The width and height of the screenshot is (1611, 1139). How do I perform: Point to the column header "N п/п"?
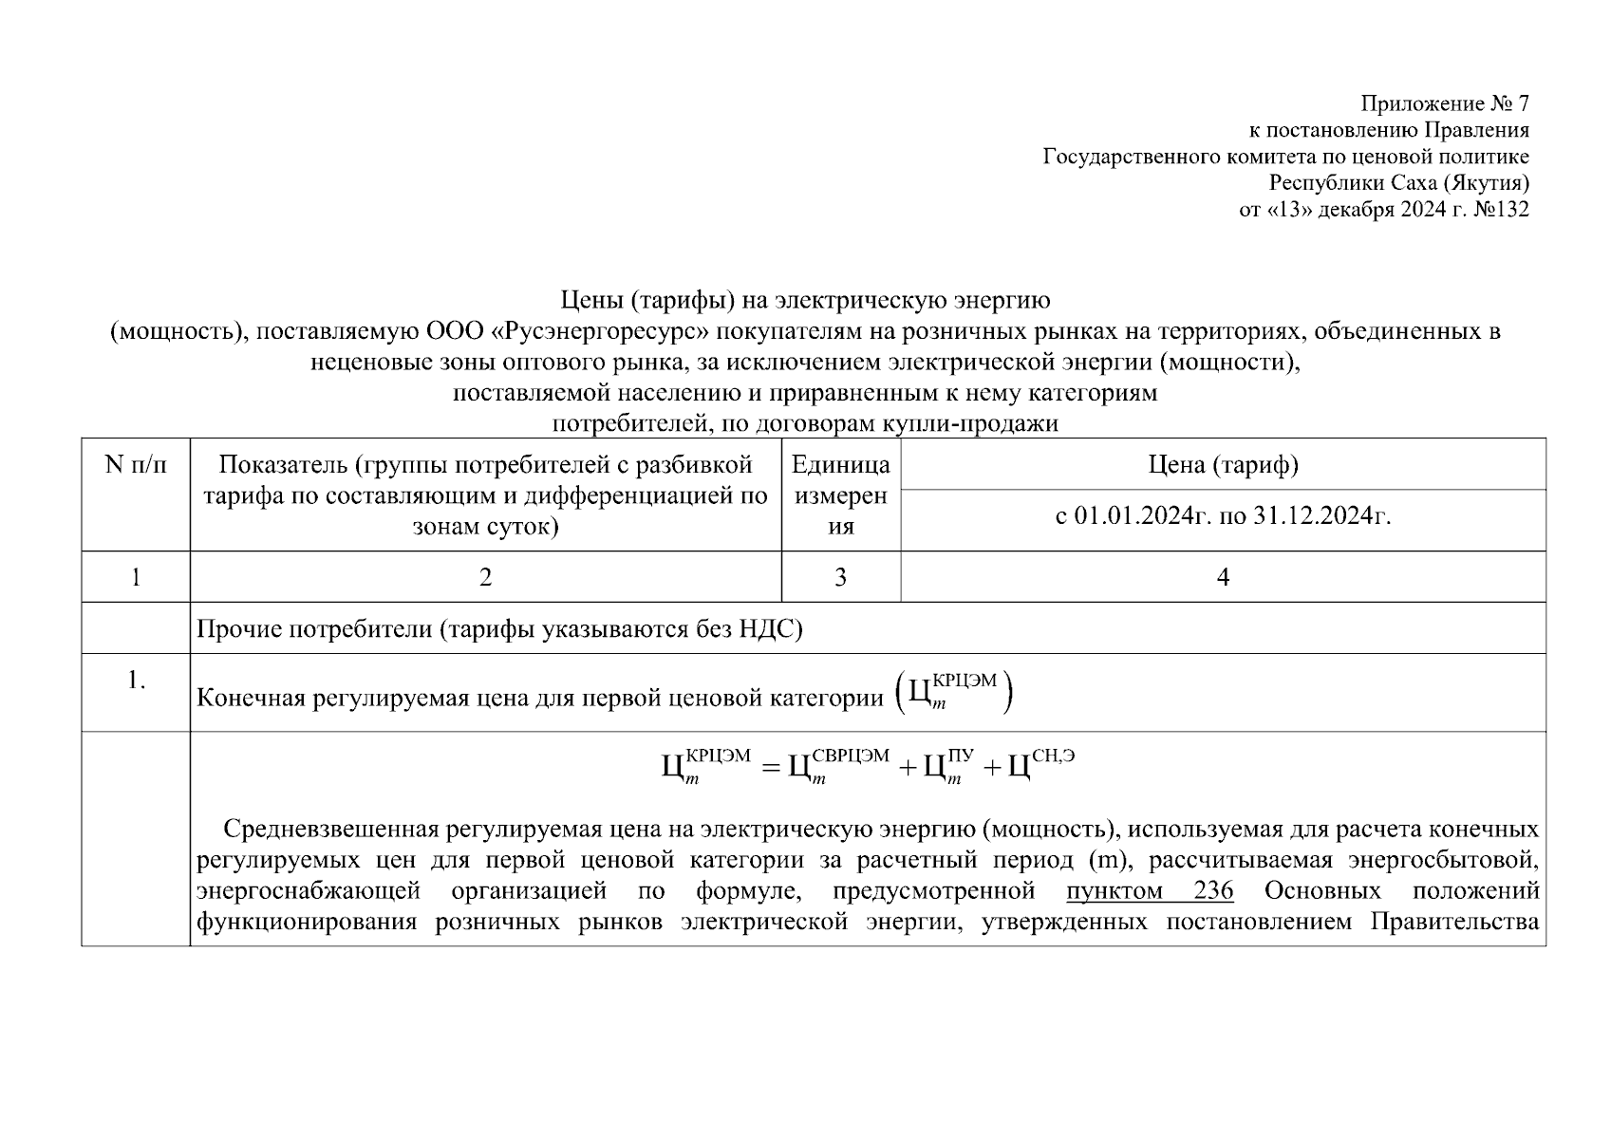click(x=135, y=465)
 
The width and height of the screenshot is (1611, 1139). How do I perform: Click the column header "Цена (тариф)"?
click(x=1223, y=465)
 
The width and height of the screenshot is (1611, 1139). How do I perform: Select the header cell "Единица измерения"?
click(x=840, y=495)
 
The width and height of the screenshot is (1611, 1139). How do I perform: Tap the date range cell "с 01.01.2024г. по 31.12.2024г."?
click(x=1223, y=516)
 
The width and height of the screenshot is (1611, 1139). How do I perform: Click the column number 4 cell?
click(x=1223, y=577)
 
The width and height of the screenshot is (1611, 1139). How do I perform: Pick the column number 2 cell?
click(x=485, y=577)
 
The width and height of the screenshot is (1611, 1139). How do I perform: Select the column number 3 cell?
click(x=840, y=577)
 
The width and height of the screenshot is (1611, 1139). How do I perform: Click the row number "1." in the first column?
click(x=136, y=681)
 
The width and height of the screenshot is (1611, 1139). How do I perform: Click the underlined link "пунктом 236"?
click(x=1149, y=891)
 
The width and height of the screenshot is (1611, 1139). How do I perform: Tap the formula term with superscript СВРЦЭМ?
click(x=839, y=765)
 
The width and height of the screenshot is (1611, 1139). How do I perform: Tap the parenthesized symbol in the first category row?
click(x=954, y=695)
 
